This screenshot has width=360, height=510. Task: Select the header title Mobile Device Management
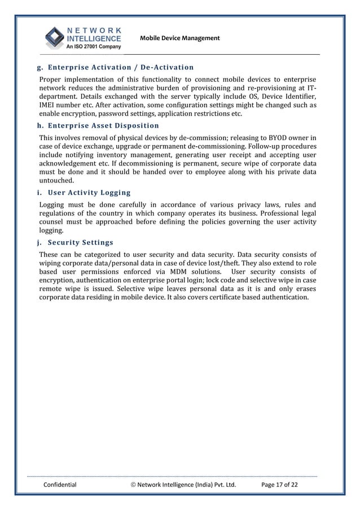[179, 38]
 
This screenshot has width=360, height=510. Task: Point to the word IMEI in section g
[48, 105]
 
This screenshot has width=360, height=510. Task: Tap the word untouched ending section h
[56, 181]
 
